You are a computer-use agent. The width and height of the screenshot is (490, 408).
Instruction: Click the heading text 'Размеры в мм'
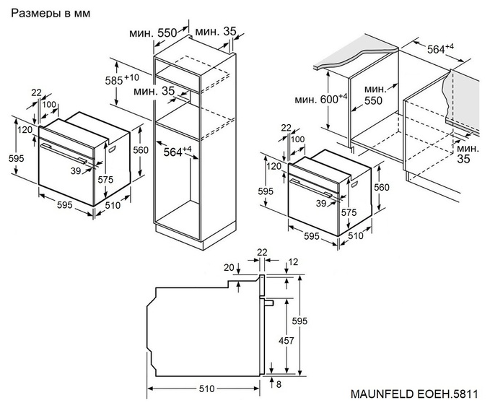45,13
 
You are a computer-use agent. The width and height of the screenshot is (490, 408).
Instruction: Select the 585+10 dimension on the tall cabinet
121,79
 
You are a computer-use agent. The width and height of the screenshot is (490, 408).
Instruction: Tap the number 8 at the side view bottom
279,383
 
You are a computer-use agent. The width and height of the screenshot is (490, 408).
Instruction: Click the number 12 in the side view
293,262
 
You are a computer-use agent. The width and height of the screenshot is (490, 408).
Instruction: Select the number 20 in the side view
229,268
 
